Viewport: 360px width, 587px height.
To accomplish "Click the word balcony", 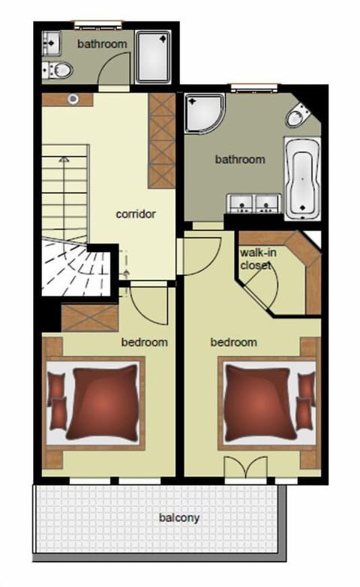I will pyautogui.click(x=179, y=517).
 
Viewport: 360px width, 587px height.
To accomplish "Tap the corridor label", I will pyautogui.click(x=136, y=214).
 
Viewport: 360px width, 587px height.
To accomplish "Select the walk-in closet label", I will pyautogui.click(x=257, y=259).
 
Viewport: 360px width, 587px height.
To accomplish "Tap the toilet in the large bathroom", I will pyautogui.click(x=298, y=117).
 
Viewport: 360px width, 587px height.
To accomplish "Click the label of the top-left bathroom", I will pyautogui.click(x=103, y=44).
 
